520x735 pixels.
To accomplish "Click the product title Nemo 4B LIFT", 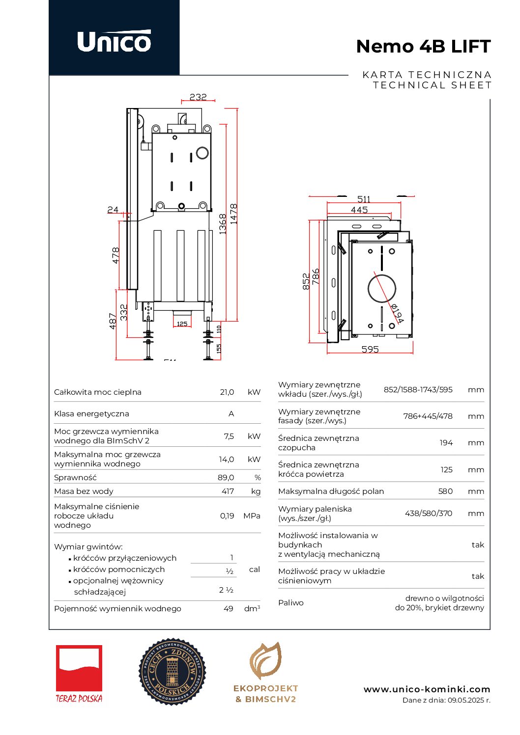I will coord(423,47).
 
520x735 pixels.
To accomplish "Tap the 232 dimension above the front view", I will coord(198,97).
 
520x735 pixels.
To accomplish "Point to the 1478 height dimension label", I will coord(233,214).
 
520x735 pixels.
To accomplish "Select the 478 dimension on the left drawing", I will coord(116,255).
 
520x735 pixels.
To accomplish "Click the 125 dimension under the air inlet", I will coord(182,324).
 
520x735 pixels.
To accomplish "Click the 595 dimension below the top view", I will coord(370,349).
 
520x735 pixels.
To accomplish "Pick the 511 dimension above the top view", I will coord(364,199).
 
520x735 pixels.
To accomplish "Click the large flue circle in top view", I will coord(382,289).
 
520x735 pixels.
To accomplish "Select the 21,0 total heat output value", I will coord(227,392).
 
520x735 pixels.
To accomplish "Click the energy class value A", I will coord(231,414).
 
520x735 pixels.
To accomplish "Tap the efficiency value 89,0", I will coord(226,478).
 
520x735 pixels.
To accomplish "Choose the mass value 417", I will coord(228,491).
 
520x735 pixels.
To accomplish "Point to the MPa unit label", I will coord(252,516).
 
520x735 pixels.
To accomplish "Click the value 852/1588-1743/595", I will coord(418,390).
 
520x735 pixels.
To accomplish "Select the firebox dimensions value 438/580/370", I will coord(428,514).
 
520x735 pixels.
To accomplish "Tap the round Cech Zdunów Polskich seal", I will coord(172,672).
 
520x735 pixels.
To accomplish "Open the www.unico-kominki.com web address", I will coord(427,689).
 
